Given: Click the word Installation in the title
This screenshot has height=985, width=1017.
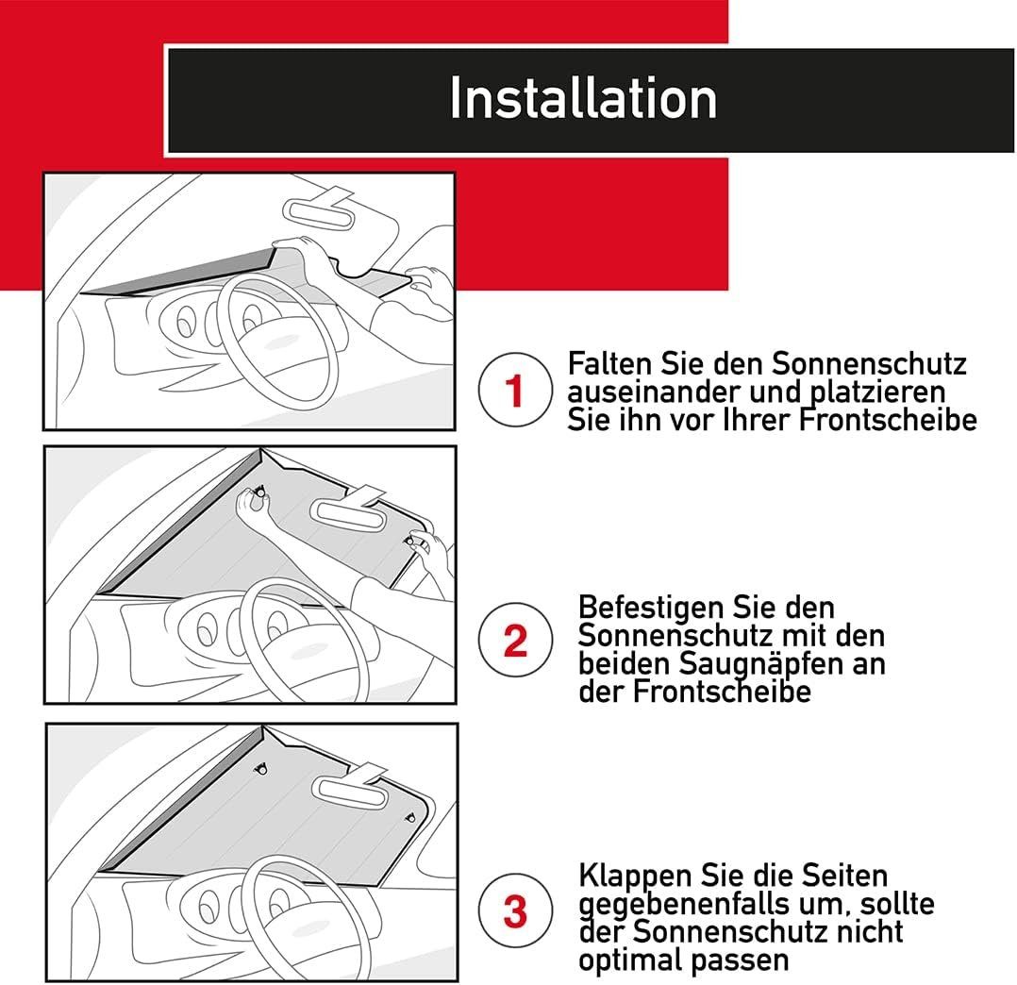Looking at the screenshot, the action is (583, 98).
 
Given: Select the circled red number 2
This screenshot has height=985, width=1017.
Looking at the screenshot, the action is (515, 640).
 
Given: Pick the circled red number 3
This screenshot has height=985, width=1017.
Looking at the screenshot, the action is (515, 910).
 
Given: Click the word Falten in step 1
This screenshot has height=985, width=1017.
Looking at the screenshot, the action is (610, 363).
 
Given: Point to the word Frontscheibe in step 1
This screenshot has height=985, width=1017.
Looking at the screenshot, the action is (887, 420).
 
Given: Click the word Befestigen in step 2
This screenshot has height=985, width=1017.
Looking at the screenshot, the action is (650, 609).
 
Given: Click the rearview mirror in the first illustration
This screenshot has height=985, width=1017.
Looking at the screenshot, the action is (319, 211).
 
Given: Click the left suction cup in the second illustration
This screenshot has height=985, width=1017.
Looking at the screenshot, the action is (260, 492).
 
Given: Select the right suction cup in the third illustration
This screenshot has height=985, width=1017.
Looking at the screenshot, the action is (409, 818).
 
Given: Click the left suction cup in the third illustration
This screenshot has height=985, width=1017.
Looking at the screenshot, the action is (261, 769).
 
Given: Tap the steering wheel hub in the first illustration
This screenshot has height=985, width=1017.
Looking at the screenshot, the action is (279, 342).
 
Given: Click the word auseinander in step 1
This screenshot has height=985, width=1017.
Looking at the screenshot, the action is (654, 392).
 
